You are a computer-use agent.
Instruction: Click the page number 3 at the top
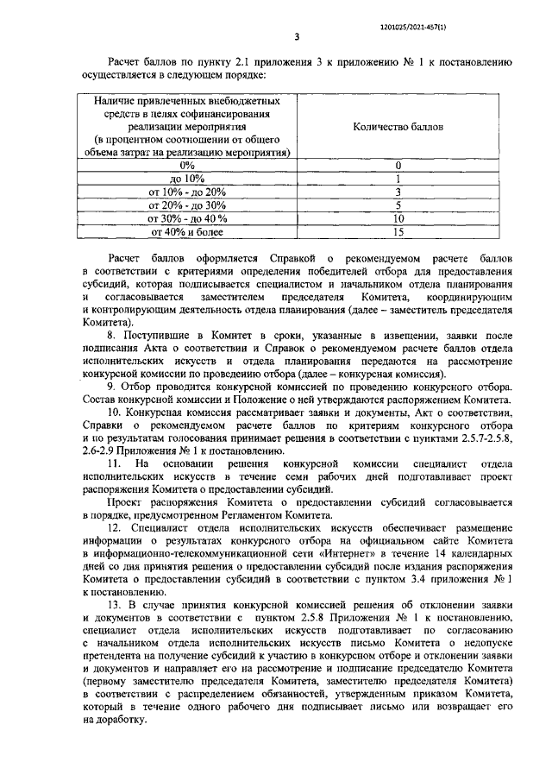(296, 36)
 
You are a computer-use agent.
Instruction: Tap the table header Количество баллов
(398, 126)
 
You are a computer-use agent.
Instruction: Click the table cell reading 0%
(187, 164)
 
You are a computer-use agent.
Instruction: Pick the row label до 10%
(187, 178)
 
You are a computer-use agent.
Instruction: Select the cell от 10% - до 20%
(187, 192)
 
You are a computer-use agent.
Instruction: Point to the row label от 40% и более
(187, 231)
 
